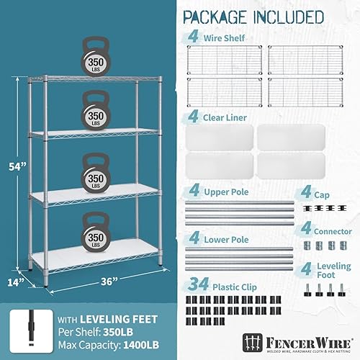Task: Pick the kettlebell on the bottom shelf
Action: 99,232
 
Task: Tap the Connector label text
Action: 332,232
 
